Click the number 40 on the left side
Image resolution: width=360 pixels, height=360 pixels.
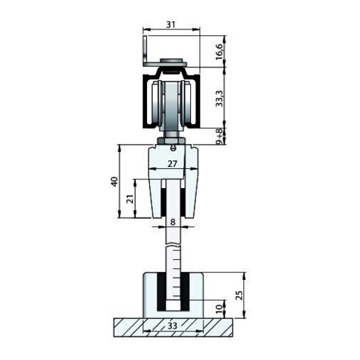[114, 181]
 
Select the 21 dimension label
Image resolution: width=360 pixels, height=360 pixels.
[130, 198]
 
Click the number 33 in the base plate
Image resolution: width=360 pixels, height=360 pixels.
[173, 323]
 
